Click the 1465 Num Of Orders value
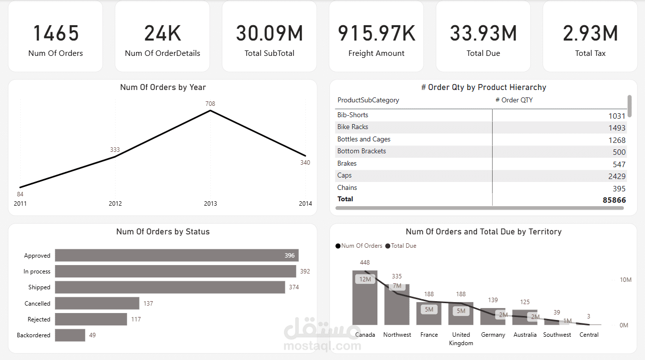tap(55, 34)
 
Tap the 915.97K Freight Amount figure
tap(376, 34)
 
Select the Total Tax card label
tap(590, 53)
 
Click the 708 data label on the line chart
tap(210, 103)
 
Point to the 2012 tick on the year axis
tap(115, 203)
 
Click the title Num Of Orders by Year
tap(163, 87)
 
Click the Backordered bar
tap(70, 335)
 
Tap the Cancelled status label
tap(38, 304)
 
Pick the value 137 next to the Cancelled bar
tap(148, 304)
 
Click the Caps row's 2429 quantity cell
tap(617, 176)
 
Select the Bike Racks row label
tap(353, 127)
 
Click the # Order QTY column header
tap(514, 100)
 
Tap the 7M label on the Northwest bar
tap(397, 286)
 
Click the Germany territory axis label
tap(493, 335)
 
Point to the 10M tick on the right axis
tap(625, 280)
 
